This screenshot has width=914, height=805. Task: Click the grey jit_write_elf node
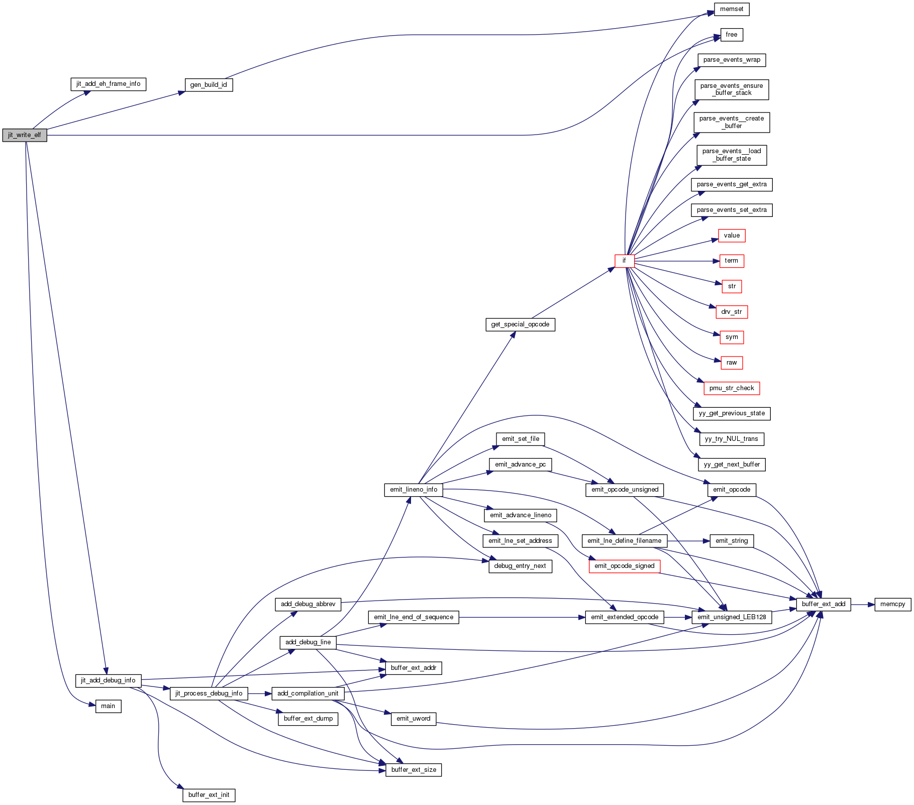point(25,135)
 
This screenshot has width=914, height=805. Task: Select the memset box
point(731,9)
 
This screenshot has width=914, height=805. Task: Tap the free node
point(731,35)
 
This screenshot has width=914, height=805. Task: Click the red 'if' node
point(624,261)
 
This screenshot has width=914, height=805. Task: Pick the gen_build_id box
point(209,85)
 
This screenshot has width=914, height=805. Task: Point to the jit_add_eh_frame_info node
point(108,84)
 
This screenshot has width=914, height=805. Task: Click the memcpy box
point(892,604)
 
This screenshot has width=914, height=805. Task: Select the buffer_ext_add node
point(823,604)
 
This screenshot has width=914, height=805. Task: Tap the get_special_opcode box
point(520,324)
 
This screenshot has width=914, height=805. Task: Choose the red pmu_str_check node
point(731,388)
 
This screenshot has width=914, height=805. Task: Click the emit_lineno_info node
point(414,490)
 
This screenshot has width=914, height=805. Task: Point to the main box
point(108,706)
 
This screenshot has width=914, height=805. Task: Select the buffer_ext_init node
point(209,795)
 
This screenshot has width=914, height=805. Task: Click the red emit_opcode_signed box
point(624,566)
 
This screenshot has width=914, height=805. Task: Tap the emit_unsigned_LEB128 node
point(731,617)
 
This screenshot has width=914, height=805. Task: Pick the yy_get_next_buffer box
point(731,465)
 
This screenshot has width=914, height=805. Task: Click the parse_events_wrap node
point(731,60)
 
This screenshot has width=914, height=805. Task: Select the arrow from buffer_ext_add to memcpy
point(863,604)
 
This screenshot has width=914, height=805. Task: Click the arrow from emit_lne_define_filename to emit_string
point(688,541)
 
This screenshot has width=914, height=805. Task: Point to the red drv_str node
point(731,312)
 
